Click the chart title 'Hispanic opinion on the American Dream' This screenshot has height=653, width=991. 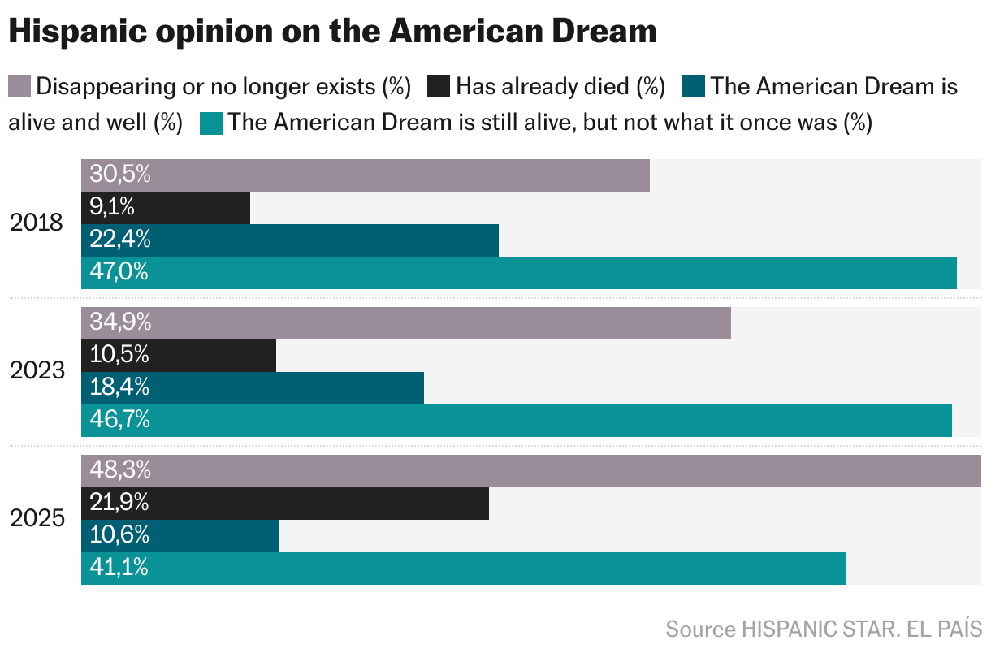332,32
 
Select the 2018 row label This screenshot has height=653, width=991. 37,223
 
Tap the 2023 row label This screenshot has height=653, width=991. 37,371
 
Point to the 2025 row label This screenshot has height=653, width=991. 37,519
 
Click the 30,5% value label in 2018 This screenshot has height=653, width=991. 120,175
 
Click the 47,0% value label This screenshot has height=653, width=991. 119,272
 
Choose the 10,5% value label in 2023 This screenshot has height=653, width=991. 119,355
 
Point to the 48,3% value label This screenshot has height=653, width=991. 120,470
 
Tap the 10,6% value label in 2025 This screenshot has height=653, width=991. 119,535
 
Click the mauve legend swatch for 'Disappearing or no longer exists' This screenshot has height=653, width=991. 20,86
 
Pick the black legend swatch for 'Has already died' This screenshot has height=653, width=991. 439,86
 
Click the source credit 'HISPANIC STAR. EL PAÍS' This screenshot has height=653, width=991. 861,629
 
